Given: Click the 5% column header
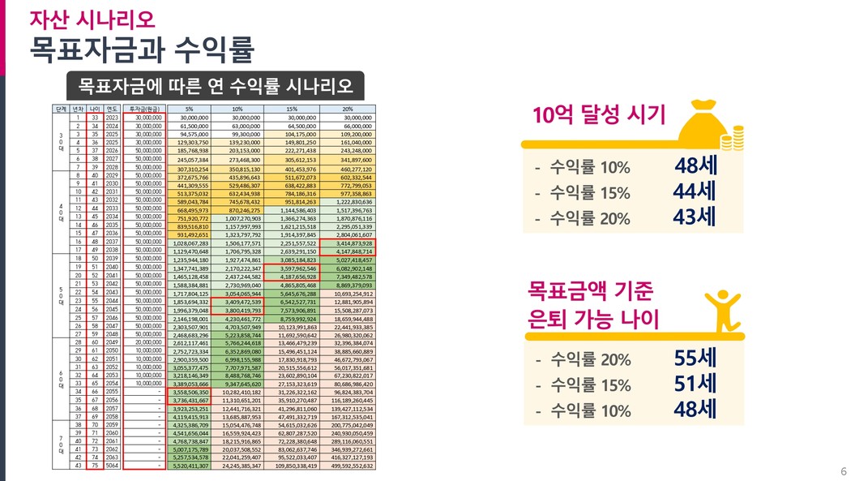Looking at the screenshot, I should pyautogui.click(x=189, y=108).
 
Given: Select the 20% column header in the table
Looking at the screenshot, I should pyautogui.click(x=348, y=108).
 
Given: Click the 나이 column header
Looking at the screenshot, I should pyautogui.click(x=94, y=108).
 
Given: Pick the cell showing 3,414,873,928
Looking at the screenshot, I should pyautogui.click(x=348, y=243).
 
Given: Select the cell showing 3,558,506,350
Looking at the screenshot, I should pyautogui.click(x=189, y=391).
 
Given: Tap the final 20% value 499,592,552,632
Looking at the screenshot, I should pyautogui.click(x=348, y=466).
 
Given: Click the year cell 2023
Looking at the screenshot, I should pyautogui.click(x=112, y=117).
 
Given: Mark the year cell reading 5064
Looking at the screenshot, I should pyautogui.click(x=112, y=466).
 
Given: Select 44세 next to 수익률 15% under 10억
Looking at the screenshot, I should pyautogui.click(x=695, y=193).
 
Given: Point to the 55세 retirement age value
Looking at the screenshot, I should pyautogui.click(x=695, y=358).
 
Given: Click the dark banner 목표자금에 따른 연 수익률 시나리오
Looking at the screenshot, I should pyautogui.click(x=216, y=85).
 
